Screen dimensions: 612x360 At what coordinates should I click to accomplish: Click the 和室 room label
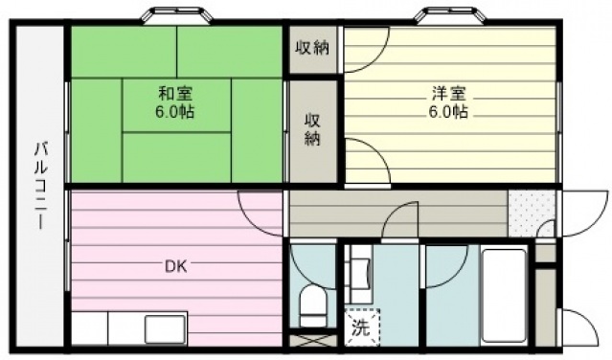click(175, 94)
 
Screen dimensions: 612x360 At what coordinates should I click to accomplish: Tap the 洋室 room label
click(449, 94)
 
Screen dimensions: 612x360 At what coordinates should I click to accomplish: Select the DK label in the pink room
click(175, 266)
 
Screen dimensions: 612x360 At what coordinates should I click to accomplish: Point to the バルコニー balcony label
click(40, 186)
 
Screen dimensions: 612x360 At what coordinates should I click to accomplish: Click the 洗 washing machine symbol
click(362, 327)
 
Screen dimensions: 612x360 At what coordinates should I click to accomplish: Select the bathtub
click(505, 295)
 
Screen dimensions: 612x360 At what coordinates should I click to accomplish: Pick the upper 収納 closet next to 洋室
click(312, 49)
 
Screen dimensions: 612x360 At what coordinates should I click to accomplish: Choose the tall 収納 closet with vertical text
click(312, 131)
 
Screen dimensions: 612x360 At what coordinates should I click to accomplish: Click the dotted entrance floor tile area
click(532, 214)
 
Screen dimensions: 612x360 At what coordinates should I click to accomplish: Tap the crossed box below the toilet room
click(312, 341)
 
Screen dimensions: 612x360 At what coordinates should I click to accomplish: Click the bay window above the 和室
click(177, 15)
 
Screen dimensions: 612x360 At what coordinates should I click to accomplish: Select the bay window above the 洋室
click(449, 15)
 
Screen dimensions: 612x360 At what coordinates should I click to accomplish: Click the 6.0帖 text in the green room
click(175, 112)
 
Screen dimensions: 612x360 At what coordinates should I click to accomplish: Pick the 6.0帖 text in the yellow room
click(449, 112)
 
